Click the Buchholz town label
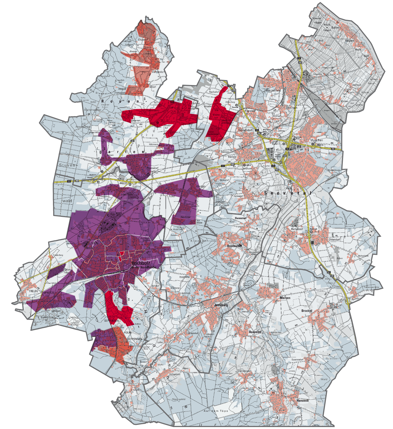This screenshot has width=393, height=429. click(140, 263)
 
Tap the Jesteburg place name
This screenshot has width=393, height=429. click(221, 305)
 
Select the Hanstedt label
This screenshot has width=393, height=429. click(303, 400)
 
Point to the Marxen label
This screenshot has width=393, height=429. click(285, 298)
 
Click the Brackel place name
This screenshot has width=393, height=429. click(307, 311)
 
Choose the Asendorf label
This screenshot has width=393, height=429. click(255, 332)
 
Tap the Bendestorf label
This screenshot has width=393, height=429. click(234, 246)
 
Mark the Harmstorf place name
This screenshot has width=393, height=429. click(241, 218)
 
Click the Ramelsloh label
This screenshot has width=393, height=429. click(297, 229)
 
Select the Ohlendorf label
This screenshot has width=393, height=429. click(334, 239)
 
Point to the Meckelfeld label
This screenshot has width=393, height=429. click(273, 91)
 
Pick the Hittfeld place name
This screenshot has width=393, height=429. click(232, 157)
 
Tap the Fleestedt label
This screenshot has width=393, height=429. click(250, 111)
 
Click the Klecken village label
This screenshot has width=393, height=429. click(201, 186)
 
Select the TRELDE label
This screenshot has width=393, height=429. click(33, 291)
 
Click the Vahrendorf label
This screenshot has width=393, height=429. click(158, 72)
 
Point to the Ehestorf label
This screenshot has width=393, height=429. click(143, 40)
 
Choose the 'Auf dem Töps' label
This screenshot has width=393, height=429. click(216, 411)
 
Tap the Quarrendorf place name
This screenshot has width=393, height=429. click(297, 360)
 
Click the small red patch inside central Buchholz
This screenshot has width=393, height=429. click(121, 255)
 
